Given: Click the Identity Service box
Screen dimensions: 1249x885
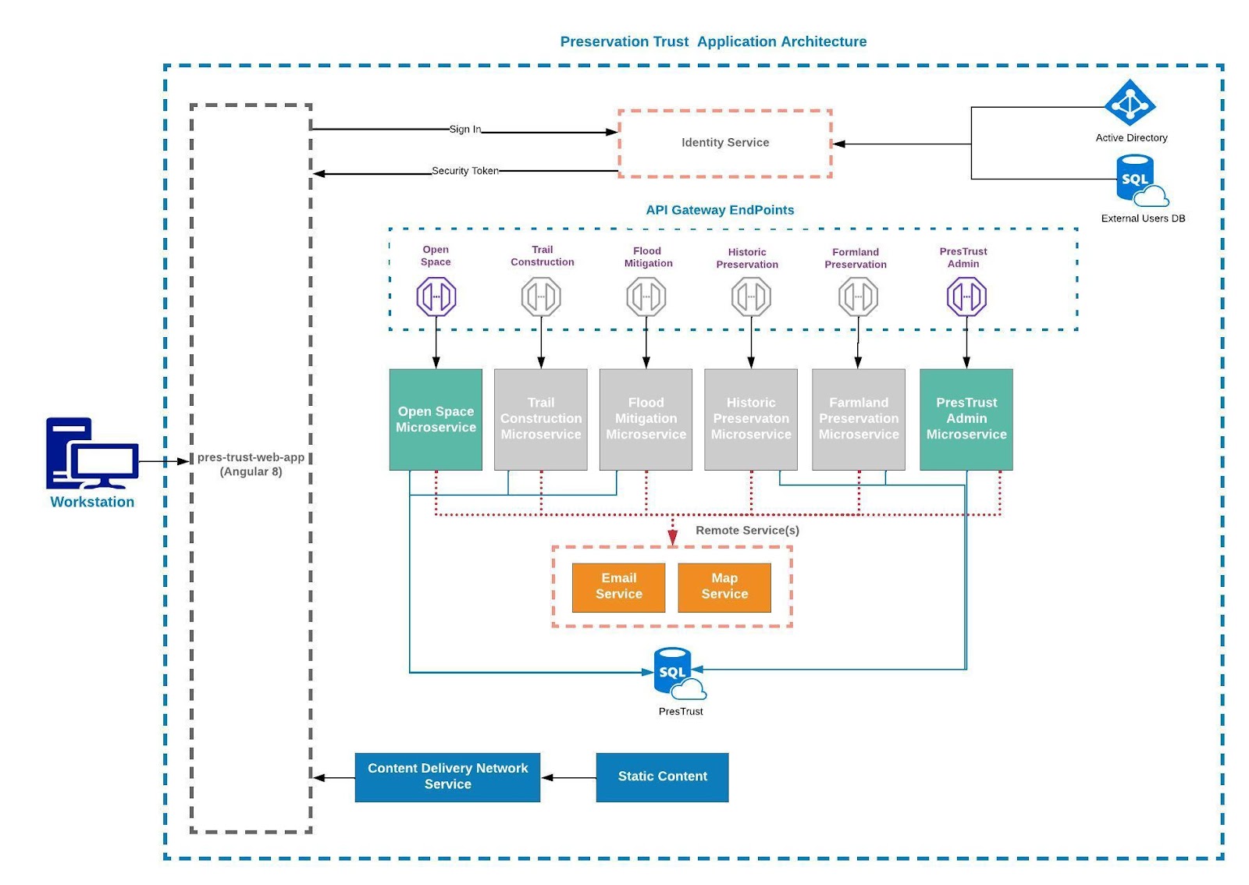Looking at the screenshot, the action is (725, 144).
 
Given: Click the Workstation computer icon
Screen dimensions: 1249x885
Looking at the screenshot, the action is (92, 453).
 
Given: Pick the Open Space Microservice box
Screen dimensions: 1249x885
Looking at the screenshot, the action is (436, 419).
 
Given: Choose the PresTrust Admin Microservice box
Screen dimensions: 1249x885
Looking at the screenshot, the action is (966, 419).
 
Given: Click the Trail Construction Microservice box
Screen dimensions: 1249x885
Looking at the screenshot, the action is (540, 419).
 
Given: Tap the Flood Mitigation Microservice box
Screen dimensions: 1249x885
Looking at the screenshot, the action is (646, 419).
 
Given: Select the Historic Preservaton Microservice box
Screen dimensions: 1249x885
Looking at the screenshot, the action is (750, 419).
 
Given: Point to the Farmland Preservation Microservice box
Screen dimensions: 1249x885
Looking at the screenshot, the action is (858, 419).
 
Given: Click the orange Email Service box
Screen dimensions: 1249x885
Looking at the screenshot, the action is (618, 588).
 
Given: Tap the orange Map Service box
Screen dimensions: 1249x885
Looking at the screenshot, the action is (724, 588).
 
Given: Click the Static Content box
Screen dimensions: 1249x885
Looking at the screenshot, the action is (662, 777).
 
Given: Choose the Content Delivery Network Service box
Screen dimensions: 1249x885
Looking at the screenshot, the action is (447, 777).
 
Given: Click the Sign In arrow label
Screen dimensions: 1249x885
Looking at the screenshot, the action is (465, 130).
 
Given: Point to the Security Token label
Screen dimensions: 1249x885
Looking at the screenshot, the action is (465, 171).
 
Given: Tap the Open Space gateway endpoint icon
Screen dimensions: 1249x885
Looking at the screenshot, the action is (436, 297).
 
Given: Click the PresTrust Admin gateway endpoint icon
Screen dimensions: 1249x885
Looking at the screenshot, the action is (966, 297).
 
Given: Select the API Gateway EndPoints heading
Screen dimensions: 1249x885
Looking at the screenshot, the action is (719, 210).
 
